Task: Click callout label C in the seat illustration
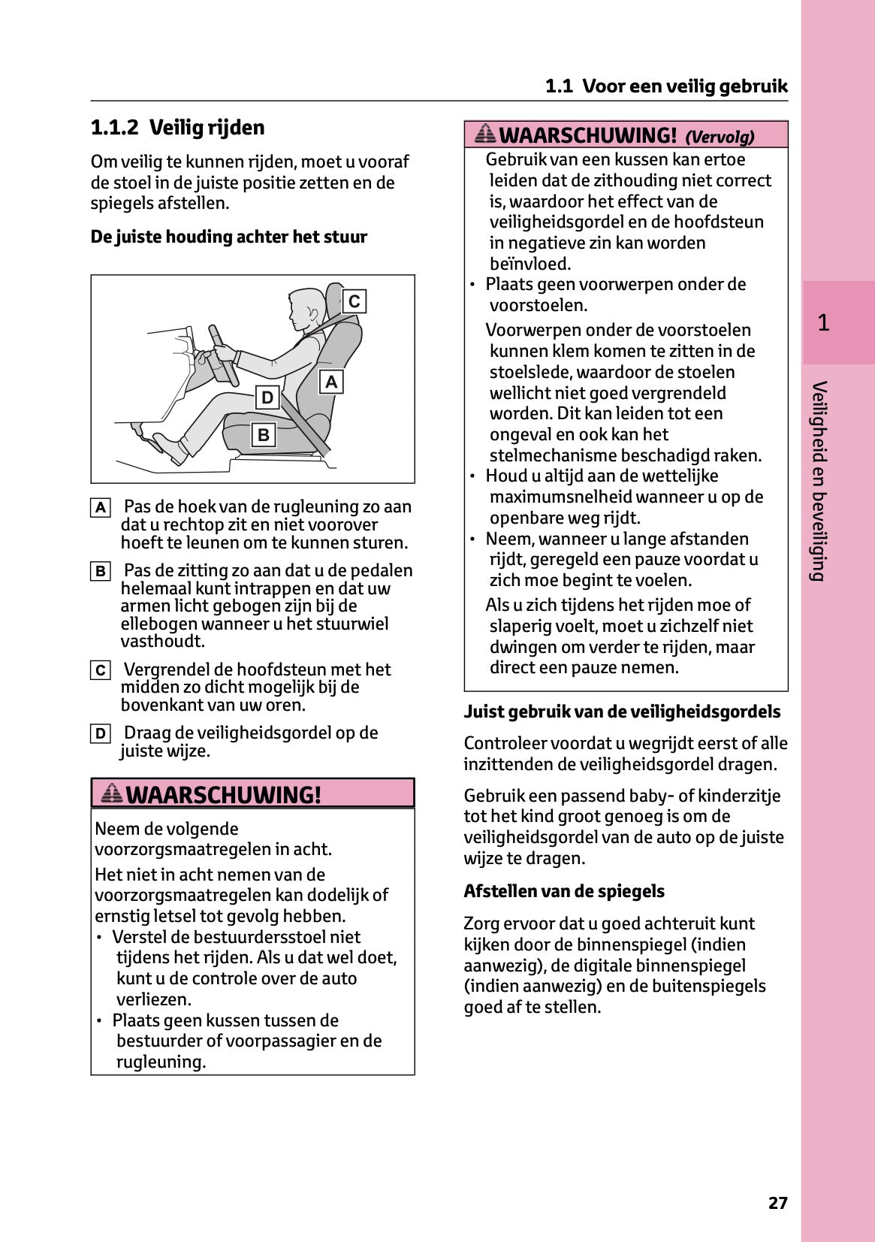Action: coord(355,301)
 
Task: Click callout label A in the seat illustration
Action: coord(330,382)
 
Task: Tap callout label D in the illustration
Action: coord(267,397)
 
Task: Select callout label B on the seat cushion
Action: coord(263,434)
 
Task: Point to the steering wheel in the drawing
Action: coord(223,354)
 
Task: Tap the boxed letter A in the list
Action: coord(101,508)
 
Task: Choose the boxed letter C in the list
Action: coord(101,670)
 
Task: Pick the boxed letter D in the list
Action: coord(101,733)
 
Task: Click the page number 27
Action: coord(777,1203)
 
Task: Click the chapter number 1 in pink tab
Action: coord(823,323)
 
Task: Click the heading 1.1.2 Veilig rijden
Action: coord(177,128)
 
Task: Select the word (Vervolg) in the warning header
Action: coord(720,137)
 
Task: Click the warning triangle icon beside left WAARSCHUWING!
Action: coord(112,793)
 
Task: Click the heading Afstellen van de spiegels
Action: coord(563,891)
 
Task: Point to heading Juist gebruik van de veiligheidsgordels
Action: coord(621,712)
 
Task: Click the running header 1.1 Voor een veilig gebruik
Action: coord(666,86)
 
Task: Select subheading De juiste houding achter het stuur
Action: coord(228,237)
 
